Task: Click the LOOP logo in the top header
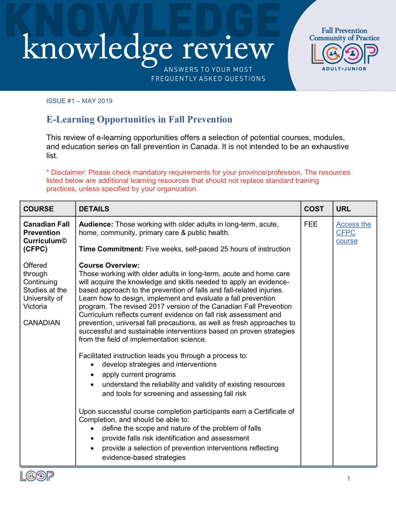(x=344, y=54)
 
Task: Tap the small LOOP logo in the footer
(x=37, y=476)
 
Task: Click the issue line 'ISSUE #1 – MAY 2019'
(x=79, y=101)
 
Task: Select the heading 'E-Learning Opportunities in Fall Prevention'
(x=139, y=120)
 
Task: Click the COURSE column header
(x=39, y=209)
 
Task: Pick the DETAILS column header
(x=94, y=209)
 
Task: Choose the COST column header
(x=314, y=209)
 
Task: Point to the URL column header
(x=343, y=209)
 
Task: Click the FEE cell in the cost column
(x=311, y=224)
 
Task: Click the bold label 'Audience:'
(x=96, y=224)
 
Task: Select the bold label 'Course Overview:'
(x=109, y=265)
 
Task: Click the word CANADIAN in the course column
(x=42, y=323)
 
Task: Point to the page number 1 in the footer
(x=348, y=478)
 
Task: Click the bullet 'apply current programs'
(x=139, y=374)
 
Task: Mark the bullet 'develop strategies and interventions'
(x=159, y=364)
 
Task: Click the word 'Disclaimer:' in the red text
(x=69, y=172)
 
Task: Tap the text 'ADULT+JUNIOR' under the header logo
(x=344, y=69)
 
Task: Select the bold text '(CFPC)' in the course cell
(x=35, y=249)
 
